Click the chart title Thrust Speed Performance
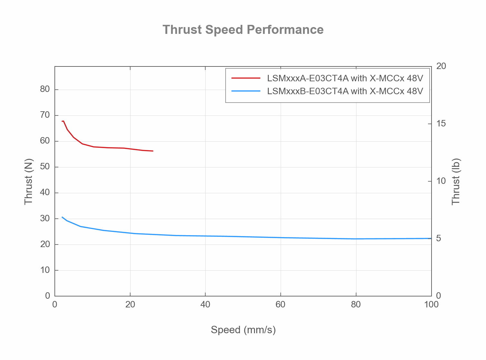coord(243,30)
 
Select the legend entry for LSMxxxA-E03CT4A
coord(345,78)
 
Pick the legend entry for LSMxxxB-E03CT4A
coord(345,91)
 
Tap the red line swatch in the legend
coord(246,78)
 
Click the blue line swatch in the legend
coord(246,91)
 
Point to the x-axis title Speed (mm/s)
coord(243,330)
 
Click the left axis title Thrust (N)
coord(29,181)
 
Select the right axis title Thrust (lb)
coord(456,181)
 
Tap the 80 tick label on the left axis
coord(45,89)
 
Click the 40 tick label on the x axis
coord(205,305)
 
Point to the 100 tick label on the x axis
coord(431,305)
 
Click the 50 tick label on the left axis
coord(45,167)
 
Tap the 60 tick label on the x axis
coord(281,305)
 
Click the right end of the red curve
coord(153,151)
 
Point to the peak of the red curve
coord(63,121)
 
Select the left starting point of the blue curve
coord(62,217)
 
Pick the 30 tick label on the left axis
coord(45,218)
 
